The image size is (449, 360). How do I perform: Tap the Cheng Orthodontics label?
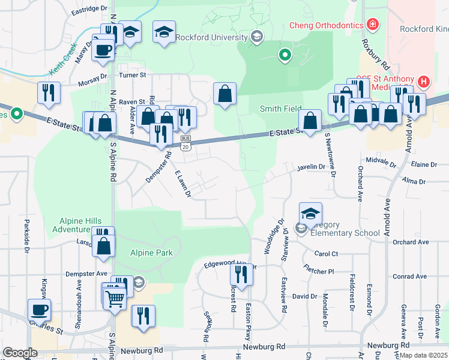[x=327, y=25]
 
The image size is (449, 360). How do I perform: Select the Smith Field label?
[x=280, y=109]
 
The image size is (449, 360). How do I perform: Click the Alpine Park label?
[x=152, y=253]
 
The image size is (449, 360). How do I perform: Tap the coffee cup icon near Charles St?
[x=40, y=310]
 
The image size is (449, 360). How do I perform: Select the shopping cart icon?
[x=115, y=296]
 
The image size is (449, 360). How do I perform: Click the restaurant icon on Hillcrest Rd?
[x=241, y=274]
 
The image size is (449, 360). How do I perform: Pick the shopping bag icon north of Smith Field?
[x=224, y=93]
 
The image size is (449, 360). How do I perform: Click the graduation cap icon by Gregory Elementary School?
[x=310, y=212]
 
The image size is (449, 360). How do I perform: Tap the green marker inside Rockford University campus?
[x=285, y=56]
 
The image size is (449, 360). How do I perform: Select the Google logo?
[x=20, y=352]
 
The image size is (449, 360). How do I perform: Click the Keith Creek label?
[x=62, y=61]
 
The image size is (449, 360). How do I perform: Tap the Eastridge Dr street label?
[x=89, y=10]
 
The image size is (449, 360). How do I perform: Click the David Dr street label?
[x=304, y=296]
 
